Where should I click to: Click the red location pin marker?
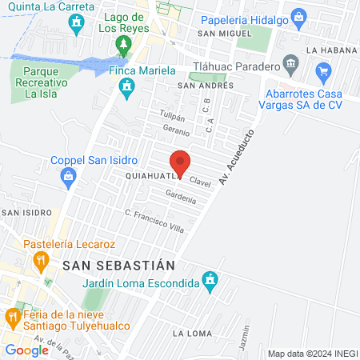click(x=181, y=162)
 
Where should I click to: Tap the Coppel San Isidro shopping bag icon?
click(x=70, y=175)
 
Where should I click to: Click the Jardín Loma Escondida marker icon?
click(x=210, y=281)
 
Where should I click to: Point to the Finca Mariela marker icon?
click(x=126, y=91)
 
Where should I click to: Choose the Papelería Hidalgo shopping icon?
click(x=298, y=17)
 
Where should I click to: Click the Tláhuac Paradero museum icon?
click(x=290, y=63)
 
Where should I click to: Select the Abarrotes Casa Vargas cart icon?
click(x=323, y=74)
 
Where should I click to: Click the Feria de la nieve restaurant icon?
click(x=13, y=317)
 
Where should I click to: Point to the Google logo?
click(x=27, y=350)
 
